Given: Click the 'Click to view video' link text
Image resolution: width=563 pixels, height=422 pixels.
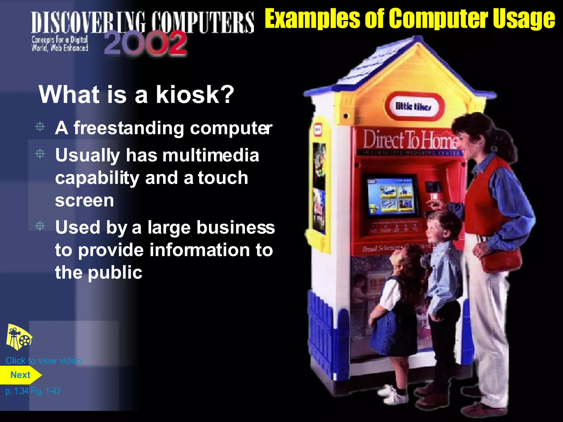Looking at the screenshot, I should click(x=43, y=360).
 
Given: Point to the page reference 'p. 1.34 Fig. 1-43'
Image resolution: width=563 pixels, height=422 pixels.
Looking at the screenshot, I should click(x=33, y=391).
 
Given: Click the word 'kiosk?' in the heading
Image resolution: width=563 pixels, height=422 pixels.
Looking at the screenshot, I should click(x=195, y=95).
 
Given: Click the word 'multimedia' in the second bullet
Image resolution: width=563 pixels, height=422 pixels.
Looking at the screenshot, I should click(x=211, y=155).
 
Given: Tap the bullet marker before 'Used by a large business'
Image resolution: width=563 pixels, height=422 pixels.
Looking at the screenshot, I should click(x=40, y=226).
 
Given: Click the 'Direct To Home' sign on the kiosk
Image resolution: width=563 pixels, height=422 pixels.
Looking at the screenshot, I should click(x=410, y=140).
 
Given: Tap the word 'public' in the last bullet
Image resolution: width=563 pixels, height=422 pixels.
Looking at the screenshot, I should click(x=115, y=273).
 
